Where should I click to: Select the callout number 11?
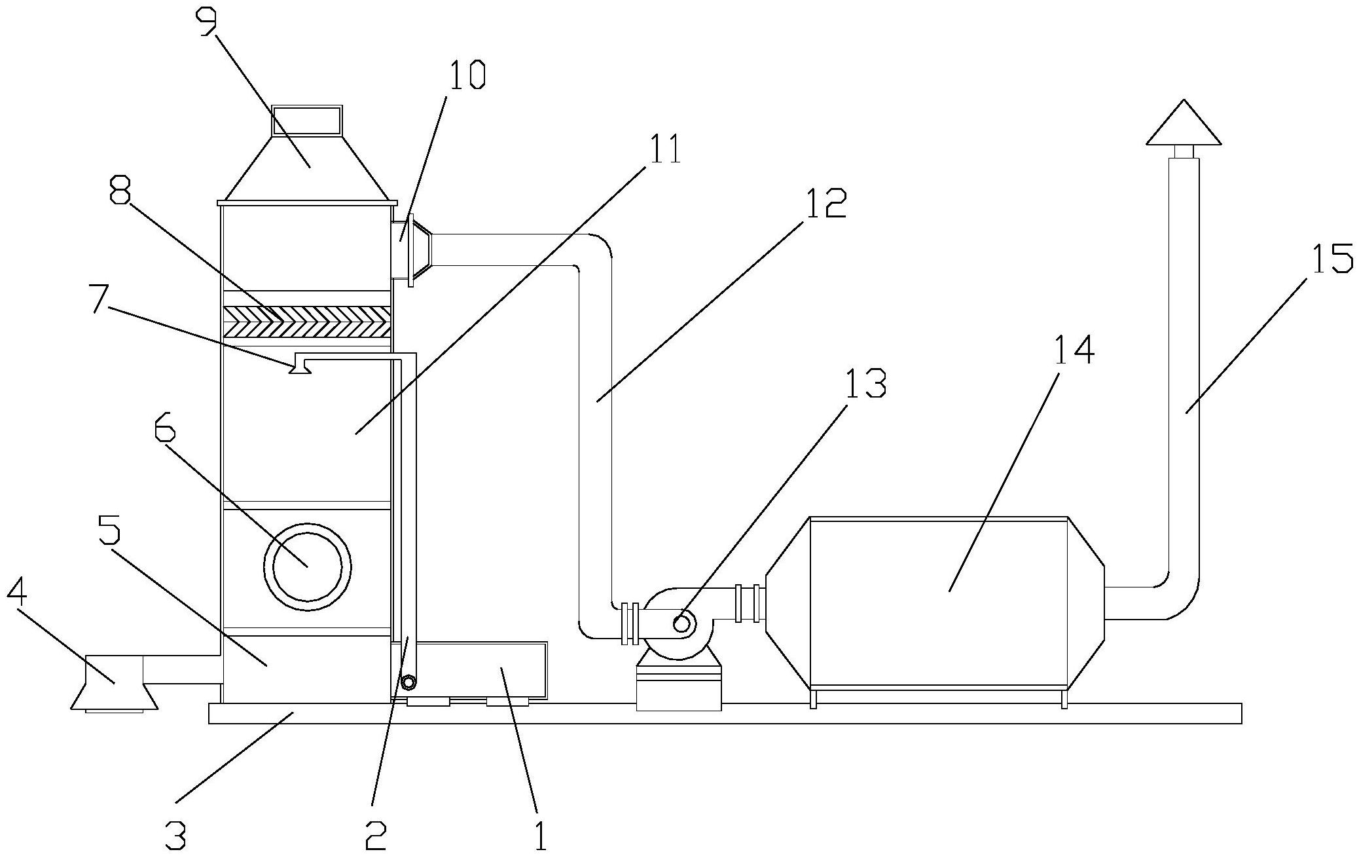tap(662, 149)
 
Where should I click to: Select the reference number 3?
tap(175, 836)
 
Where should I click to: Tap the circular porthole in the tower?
tap(308, 566)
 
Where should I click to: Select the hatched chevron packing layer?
tap(307, 321)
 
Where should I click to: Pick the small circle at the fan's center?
tap(681, 623)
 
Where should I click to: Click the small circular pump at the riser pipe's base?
tap(408, 683)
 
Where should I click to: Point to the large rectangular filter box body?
tap(939, 603)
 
